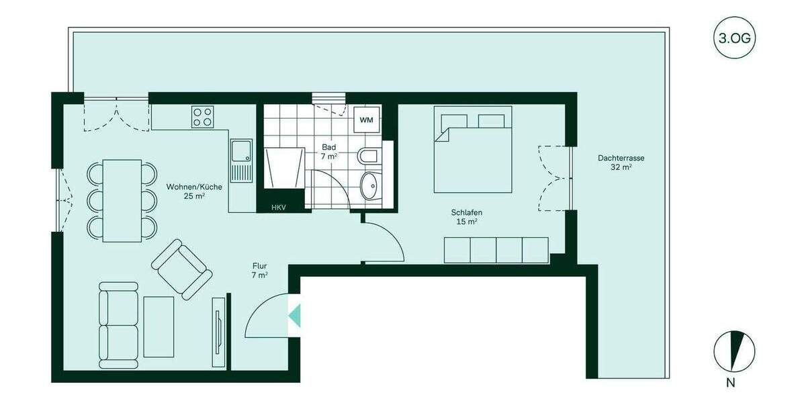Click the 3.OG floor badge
point(734,38)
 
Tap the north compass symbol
point(734,352)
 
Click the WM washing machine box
point(366,120)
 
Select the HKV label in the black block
point(279,208)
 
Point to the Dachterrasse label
point(621,163)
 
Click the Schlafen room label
point(466,216)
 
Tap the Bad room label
point(329,150)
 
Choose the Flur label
point(260,269)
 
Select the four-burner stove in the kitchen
point(203,117)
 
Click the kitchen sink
point(240,161)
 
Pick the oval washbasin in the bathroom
point(369,185)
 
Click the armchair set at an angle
point(181,269)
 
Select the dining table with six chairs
point(122,200)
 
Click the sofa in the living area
point(119,324)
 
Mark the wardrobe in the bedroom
point(496,250)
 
